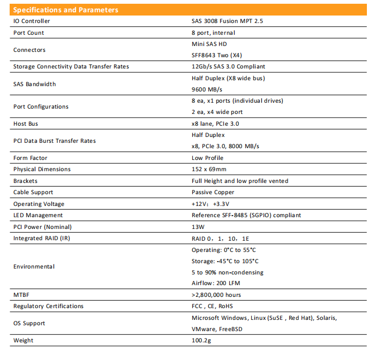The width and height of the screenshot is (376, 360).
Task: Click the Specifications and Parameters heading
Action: click(x=66, y=10)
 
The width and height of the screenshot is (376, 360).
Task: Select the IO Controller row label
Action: click(x=32, y=21)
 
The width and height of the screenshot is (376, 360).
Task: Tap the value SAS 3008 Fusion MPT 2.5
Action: click(x=227, y=21)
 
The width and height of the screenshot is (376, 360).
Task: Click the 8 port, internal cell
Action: click(x=213, y=33)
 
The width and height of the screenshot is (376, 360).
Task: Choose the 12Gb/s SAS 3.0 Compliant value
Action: click(x=228, y=67)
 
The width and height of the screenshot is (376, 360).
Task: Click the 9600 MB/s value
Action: click(x=207, y=89)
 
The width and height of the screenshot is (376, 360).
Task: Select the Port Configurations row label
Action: click(x=41, y=106)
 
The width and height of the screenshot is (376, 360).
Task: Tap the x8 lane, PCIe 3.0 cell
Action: click(x=215, y=124)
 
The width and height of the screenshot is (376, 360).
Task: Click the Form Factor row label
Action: click(x=30, y=158)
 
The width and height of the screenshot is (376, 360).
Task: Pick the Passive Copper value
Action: click(x=213, y=192)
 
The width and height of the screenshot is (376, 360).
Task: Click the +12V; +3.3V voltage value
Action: click(x=210, y=204)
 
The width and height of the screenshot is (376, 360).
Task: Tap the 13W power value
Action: click(x=198, y=227)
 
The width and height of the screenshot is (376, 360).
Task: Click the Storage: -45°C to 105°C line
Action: click(x=225, y=261)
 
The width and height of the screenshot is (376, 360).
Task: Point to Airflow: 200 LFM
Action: click(x=215, y=284)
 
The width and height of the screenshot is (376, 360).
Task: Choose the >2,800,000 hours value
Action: click(x=216, y=295)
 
